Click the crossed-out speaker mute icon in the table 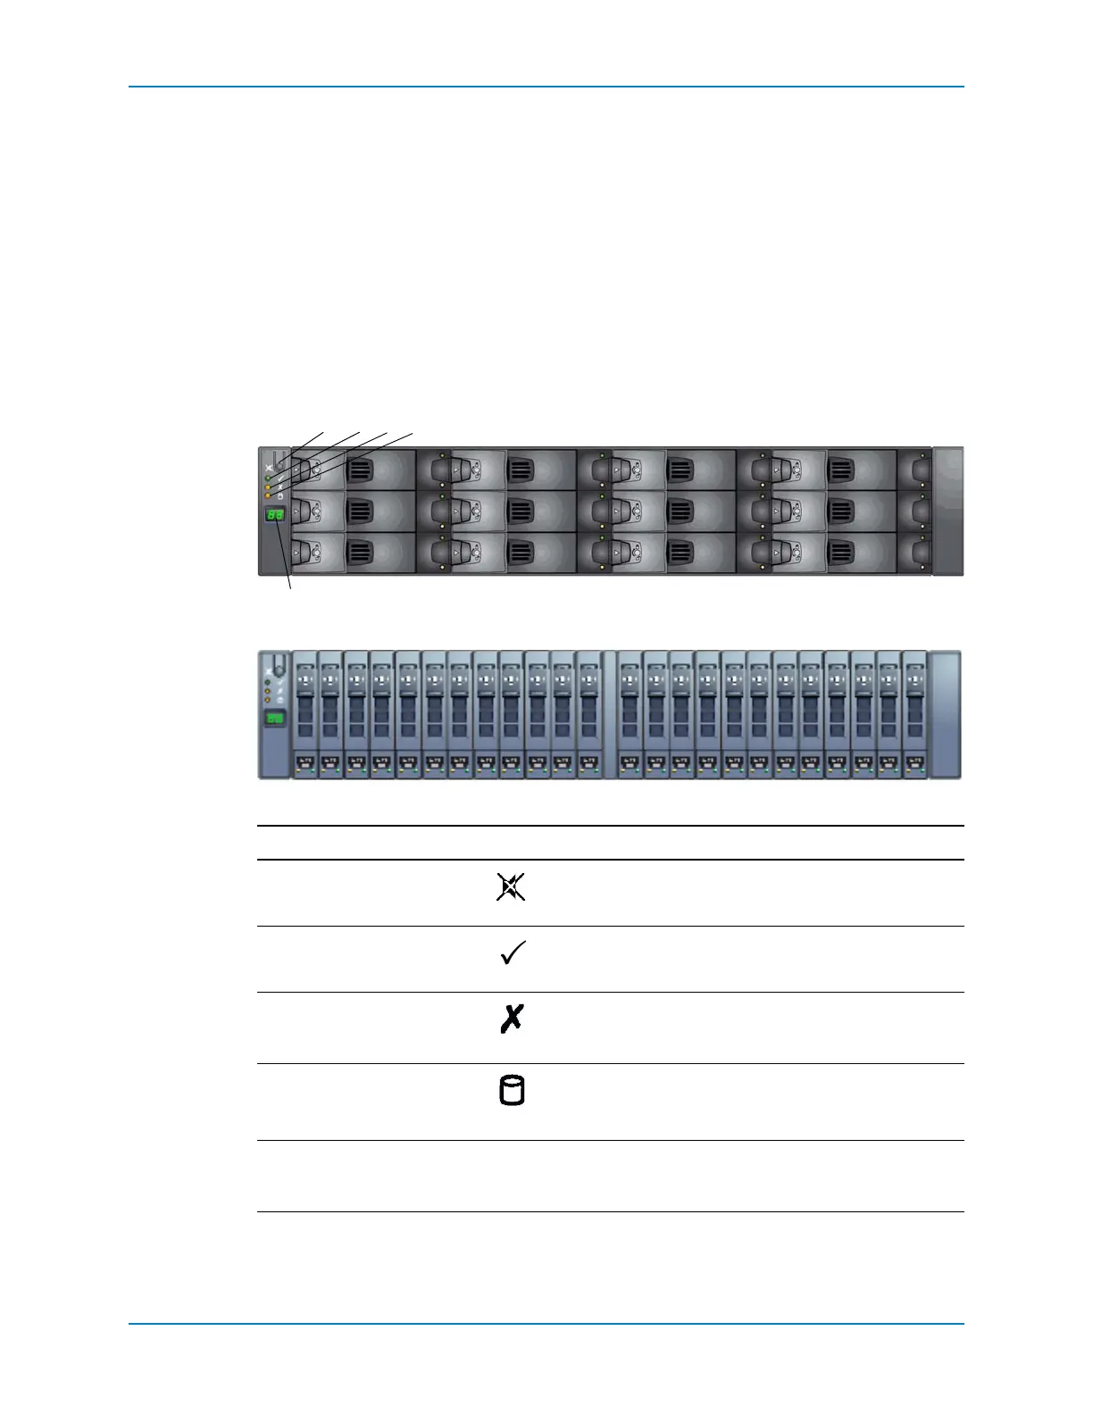511,887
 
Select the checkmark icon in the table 513,953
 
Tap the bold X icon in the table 512,1019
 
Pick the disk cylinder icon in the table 512,1091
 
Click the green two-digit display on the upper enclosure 275,515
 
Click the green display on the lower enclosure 275,719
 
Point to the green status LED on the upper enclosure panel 268,478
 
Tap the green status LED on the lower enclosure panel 268,682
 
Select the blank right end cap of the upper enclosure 947,511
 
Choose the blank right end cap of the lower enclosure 945,714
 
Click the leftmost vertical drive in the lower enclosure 305,714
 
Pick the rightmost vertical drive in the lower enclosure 914,714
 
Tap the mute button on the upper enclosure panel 280,462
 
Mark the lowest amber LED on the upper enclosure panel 268,495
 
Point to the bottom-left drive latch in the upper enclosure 305,553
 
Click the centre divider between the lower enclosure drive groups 610,714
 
